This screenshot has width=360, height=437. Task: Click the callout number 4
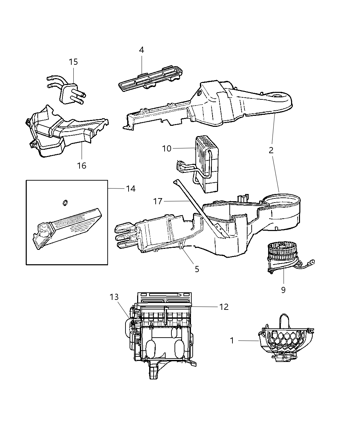click(x=141, y=50)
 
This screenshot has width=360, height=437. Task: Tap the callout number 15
click(x=73, y=62)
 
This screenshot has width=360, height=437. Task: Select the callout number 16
click(x=82, y=166)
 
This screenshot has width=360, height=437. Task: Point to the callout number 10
click(x=167, y=148)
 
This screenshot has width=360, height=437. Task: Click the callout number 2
click(x=271, y=150)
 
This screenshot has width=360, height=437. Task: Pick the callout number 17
click(x=158, y=201)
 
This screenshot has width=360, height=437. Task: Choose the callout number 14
click(x=130, y=189)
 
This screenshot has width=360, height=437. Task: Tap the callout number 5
click(x=197, y=269)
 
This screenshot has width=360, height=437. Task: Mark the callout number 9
click(x=283, y=290)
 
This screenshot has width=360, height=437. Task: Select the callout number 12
click(x=224, y=307)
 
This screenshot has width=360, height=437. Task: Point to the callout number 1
click(x=232, y=341)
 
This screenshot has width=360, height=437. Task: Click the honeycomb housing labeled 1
click(x=283, y=339)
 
